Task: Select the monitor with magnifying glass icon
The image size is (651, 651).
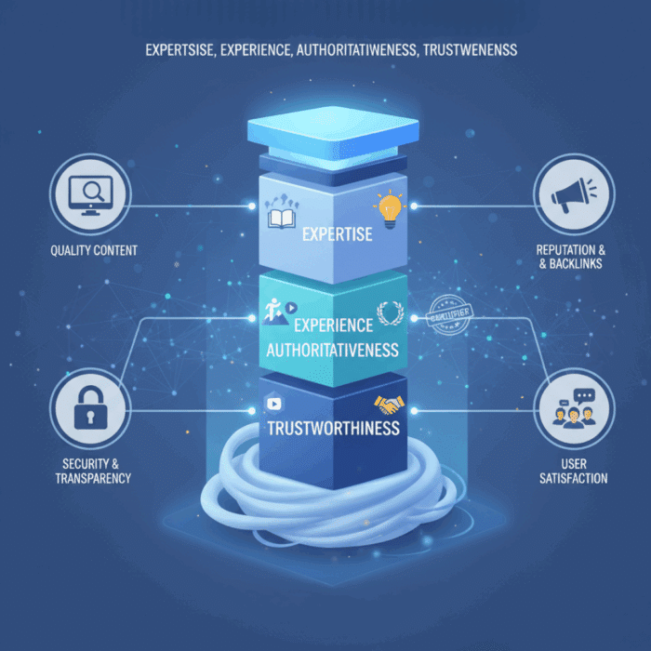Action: [x=90, y=194]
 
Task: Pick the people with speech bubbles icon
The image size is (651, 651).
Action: [x=573, y=410]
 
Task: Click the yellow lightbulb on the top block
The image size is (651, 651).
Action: [x=390, y=206]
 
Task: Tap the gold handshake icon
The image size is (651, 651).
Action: [x=390, y=405]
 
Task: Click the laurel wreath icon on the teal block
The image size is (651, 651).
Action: [x=389, y=312]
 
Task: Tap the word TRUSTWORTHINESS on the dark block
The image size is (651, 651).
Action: [x=333, y=429]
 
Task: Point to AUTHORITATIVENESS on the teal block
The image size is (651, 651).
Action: [x=333, y=351]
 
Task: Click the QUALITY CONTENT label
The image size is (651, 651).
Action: [x=95, y=249]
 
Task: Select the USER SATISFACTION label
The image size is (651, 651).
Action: [x=573, y=471]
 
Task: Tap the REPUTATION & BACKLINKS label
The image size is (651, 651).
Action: [x=569, y=257]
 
